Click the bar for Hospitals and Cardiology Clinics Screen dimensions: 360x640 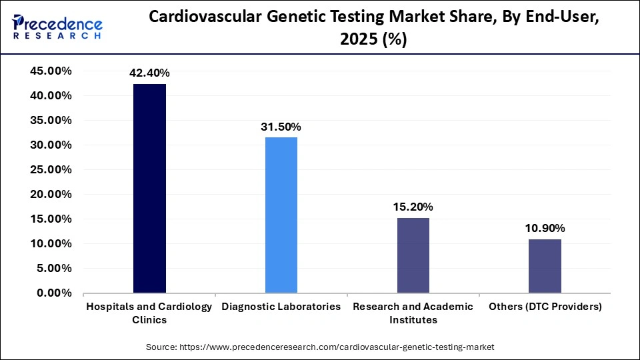(x=149, y=189)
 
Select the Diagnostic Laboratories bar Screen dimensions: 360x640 (x=281, y=215)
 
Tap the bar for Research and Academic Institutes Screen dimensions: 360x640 (x=413, y=255)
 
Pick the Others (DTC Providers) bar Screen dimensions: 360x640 (x=545, y=266)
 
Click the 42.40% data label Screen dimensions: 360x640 (x=149, y=73)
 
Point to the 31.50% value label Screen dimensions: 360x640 (x=281, y=127)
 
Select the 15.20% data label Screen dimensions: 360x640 (x=413, y=207)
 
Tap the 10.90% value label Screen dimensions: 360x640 (x=545, y=228)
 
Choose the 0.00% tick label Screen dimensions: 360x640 (x=54, y=293)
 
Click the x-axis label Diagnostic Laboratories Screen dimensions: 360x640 (x=281, y=307)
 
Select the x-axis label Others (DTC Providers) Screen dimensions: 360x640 (x=545, y=307)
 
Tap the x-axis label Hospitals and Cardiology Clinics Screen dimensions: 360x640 (x=149, y=313)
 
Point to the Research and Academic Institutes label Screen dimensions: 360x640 (x=413, y=313)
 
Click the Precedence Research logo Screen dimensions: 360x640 (x=57, y=27)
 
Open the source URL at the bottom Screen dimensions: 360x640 (x=320, y=347)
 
